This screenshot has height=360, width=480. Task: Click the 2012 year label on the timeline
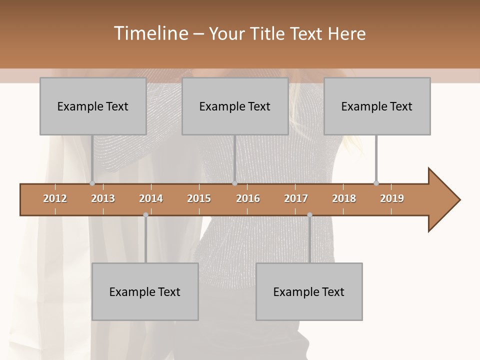[x=55, y=198]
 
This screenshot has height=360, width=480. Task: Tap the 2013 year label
[x=103, y=198]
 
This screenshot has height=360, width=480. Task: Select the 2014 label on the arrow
[x=151, y=198]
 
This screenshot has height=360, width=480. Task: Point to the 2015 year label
[x=199, y=198]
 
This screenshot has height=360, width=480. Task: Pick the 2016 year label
[x=248, y=198]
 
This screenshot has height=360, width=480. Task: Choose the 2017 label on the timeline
[x=296, y=198]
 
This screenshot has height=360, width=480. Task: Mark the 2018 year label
[x=344, y=198]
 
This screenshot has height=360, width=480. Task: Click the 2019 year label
[x=392, y=198]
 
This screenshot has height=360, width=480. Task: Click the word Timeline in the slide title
[x=150, y=33]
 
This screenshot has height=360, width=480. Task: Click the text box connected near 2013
[x=93, y=106]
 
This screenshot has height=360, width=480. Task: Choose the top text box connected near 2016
[x=235, y=106]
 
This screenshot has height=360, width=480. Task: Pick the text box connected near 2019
[x=377, y=106]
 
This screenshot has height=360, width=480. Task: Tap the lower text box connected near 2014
[x=145, y=291]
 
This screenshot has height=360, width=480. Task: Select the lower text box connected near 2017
[x=309, y=291]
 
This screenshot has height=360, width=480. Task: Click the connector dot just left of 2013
[x=92, y=183]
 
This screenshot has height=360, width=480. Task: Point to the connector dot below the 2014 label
[x=145, y=215]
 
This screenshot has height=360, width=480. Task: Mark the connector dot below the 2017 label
[x=309, y=215]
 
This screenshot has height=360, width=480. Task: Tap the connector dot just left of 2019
[x=376, y=183]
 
